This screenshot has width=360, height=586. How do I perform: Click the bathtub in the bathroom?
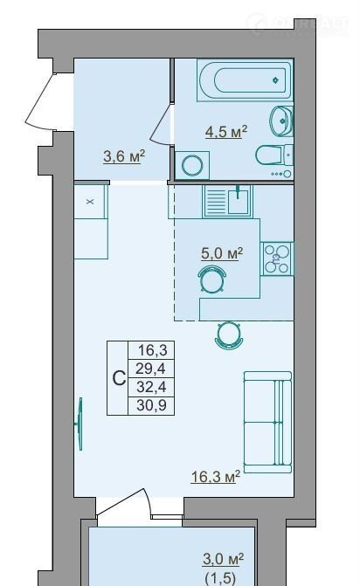(245, 79)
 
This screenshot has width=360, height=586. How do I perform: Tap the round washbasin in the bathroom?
(281, 121)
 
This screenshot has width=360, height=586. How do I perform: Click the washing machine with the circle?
(192, 165)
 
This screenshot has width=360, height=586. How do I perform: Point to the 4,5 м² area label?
(226, 132)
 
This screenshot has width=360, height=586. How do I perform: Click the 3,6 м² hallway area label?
(124, 156)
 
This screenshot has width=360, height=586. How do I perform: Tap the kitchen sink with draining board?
(228, 202)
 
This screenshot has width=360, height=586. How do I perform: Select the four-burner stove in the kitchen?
(277, 259)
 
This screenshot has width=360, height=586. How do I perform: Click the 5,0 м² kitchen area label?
(222, 253)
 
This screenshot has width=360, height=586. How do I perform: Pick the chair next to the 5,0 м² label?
(212, 279)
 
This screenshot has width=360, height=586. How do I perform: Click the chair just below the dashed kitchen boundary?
(229, 335)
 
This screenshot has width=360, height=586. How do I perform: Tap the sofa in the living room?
(267, 423)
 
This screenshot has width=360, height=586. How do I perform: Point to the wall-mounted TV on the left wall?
(80, 424)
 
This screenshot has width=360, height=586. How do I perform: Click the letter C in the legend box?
(119, 378)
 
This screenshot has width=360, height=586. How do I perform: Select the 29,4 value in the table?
(150, 369)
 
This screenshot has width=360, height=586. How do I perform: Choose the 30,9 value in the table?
(151, 405)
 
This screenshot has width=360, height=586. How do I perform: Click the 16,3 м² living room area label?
(215, 477)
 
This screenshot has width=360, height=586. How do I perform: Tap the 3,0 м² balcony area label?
(223, 559)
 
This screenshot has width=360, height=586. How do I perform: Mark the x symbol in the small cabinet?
(90, 202)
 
